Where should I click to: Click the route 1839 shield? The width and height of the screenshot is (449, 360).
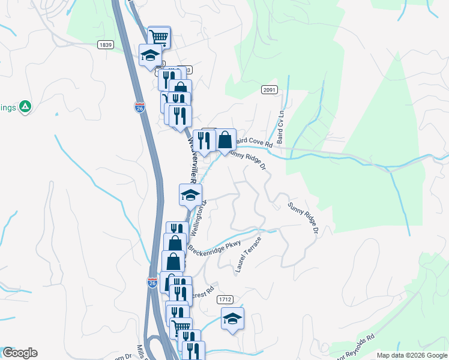click(x=106, y=45)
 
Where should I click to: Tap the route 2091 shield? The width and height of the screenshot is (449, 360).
click(x=270, y=90)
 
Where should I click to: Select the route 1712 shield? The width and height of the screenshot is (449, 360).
click(x=225, y=299)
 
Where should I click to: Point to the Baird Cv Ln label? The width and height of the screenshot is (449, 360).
click(x=280, y=122)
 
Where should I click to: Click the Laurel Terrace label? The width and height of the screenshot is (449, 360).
click(x=249, y=255)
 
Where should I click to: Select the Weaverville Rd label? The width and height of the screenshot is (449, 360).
click(x=193, y=159)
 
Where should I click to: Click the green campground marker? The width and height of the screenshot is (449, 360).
click(x=25, y=107)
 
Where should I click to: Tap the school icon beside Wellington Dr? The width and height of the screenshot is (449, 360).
click(x=190, y=194)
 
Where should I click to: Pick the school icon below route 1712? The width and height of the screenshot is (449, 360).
click(x=232, y=319)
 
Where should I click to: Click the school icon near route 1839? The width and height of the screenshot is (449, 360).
click(x=150, y=55)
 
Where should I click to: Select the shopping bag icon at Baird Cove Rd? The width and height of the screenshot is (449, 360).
click(x=225, y=140)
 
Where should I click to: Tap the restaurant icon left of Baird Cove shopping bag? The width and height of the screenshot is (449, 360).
click(x=204, y=140)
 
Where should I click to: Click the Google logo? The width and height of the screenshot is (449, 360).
click(x=19, y=353)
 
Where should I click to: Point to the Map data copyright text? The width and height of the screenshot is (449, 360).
click(x=411, y=355)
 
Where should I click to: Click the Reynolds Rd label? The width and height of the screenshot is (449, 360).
click(x=358, y=345)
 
